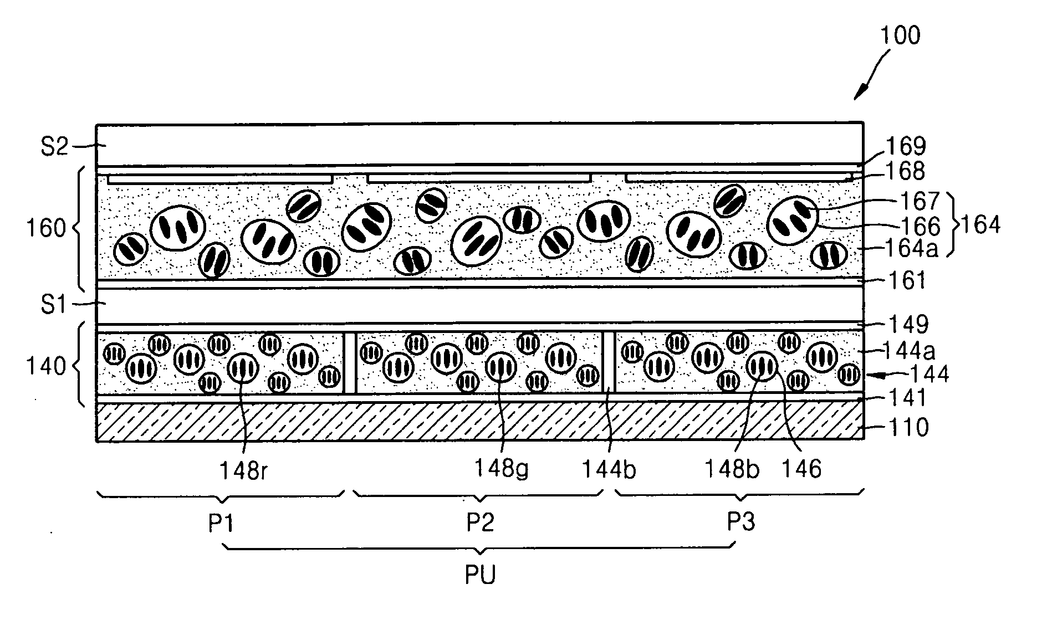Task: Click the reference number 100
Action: [x=900, y=34]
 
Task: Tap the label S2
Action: [x=54, y=148]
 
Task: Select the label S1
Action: [x=54, y=304]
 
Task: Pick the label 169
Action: [x=906, y=146]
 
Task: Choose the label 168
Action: [x=906, y=171]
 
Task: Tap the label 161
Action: [x=906, y=280]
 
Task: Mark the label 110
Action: [x=908, y=427]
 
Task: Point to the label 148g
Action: [x=501, y=469]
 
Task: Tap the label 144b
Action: [x=609, y=470]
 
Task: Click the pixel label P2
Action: [x=480, y=522]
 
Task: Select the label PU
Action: [x=480, y=575]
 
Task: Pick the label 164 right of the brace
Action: [x=980, y=225]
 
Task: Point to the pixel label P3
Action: [x=741, y=521]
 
